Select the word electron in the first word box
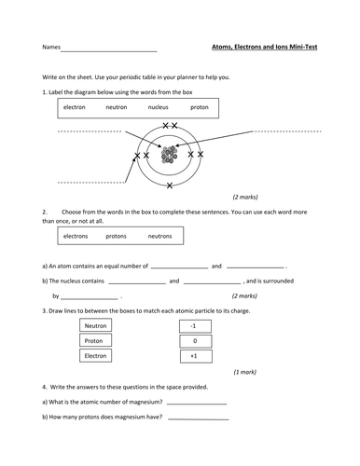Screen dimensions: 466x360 (x=75, y=107)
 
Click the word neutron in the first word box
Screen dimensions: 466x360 (x=117, y=107)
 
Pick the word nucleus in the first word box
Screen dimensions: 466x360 (x=159, y=107)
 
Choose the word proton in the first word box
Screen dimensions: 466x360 (x=200, y=107)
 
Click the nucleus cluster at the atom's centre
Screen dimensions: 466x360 (x=169, y=155)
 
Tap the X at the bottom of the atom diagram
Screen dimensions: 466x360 (x=169, y=185)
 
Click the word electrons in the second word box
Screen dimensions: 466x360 (x=76, y=236)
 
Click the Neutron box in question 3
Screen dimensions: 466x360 (x=96, y=325)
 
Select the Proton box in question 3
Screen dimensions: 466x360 (x=96, y=340)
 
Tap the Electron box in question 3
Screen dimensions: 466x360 (x=96, y=355)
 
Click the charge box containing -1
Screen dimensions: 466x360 (x=193, y=325)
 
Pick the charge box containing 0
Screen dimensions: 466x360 (x=193, y=340)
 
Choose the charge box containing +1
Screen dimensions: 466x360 (x=193, y=355)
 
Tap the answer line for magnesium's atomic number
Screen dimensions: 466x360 (x=198, y=403)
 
